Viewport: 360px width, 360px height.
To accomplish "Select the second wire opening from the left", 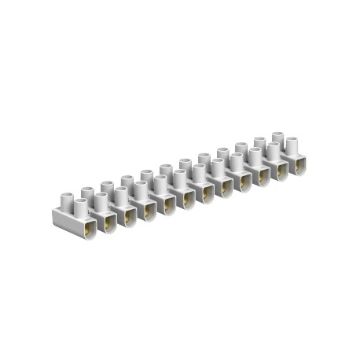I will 107,222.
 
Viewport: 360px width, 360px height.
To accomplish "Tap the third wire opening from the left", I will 127,217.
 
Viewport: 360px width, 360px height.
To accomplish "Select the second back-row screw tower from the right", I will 260,142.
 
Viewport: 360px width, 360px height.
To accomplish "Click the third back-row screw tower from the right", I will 241,148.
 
